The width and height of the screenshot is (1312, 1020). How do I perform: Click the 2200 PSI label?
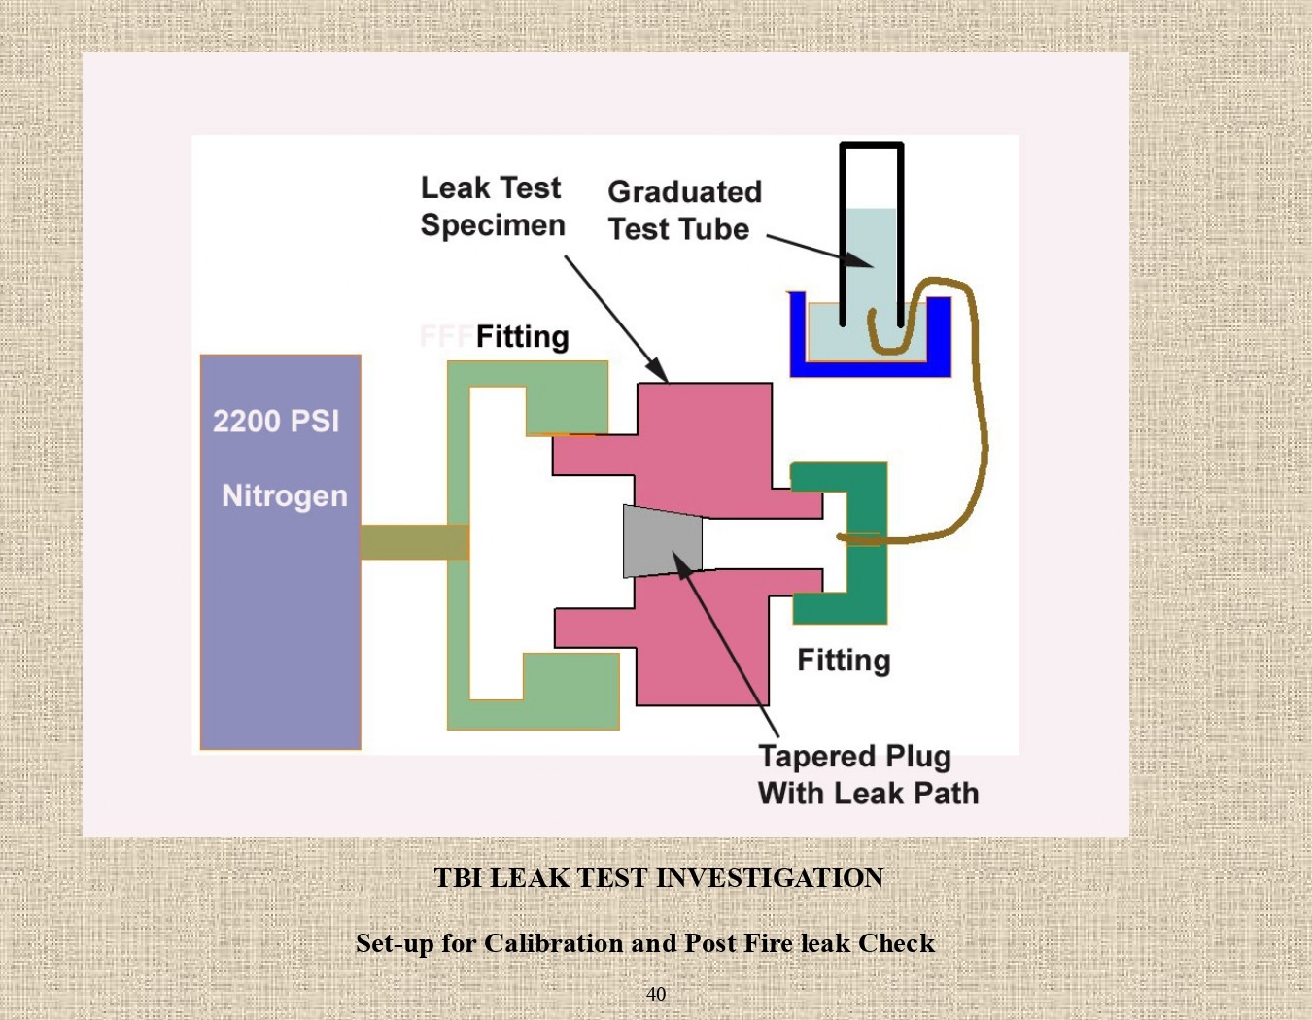[276, 422]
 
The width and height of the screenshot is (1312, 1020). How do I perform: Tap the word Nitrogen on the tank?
[285, 496]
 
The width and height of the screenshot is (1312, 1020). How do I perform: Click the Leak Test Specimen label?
[492, 207]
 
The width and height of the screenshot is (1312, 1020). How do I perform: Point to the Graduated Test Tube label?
[684, 211]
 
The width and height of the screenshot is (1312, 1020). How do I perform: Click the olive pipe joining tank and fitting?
[414, 542]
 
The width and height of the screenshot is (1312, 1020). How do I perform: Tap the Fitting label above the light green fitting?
[522, 337]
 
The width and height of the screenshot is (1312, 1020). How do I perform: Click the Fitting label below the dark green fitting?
[844, 661]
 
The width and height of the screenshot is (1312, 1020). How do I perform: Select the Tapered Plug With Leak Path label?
[868, 775]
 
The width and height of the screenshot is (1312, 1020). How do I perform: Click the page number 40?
[656, 994]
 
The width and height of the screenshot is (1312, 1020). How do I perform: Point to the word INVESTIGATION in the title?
[770, 878]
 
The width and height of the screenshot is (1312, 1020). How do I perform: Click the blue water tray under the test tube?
[870, 367]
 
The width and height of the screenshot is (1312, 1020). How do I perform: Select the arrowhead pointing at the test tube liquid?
[858, 260]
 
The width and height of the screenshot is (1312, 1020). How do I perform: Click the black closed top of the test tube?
[872, 147]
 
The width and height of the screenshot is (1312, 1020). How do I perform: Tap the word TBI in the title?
[458, 878]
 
